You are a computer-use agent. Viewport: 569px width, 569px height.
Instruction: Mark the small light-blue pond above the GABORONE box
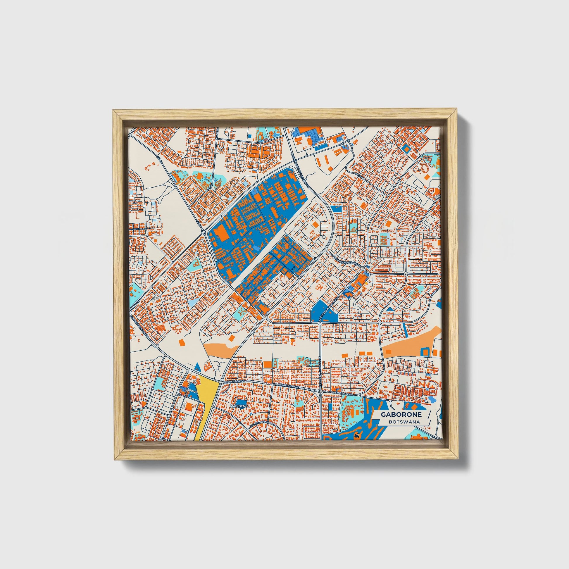[x=432, y=400]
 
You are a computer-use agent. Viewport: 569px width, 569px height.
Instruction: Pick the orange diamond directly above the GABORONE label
[x=414, y=407]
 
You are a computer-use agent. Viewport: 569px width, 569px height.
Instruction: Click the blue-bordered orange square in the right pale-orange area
[x=425, y=351]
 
